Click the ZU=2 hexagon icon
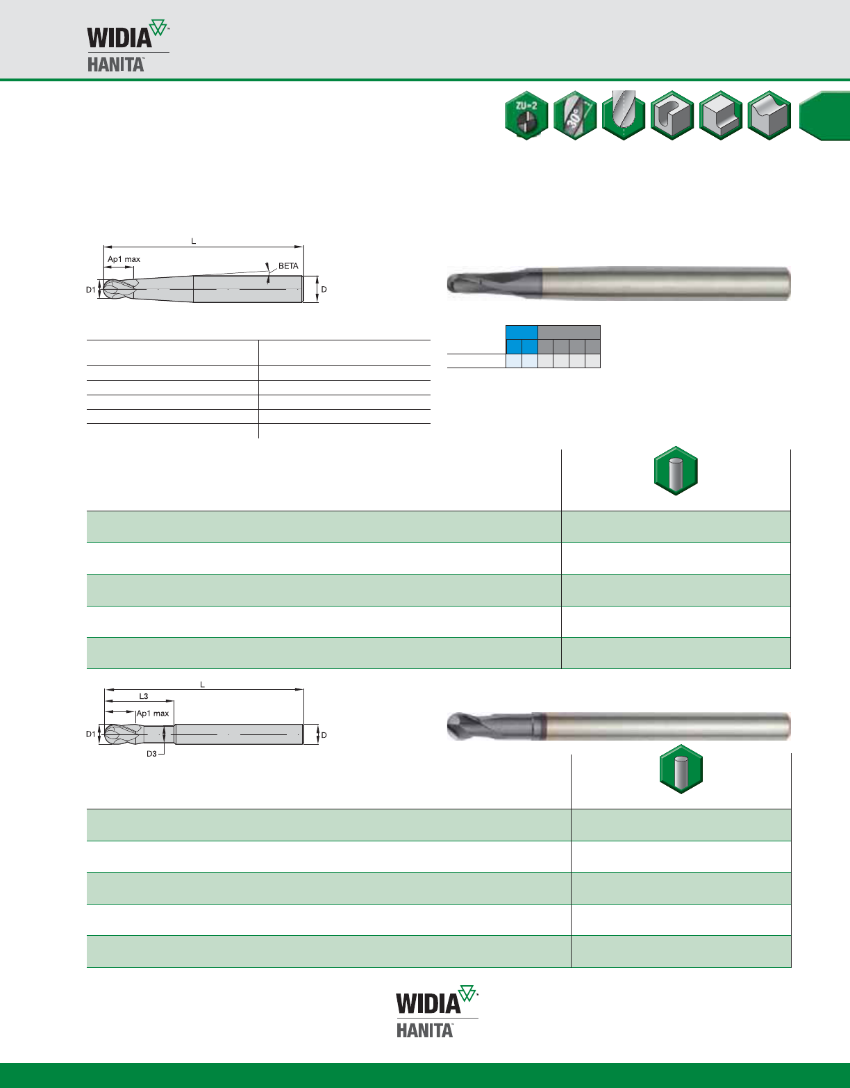pyautogui.click(x=526, y=115)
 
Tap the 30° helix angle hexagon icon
pyautogui.click(x=575, y=115)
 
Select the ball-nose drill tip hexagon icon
pyautogui.click(x=624, y=115)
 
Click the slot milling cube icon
pyautogui.click(x=672, y=115)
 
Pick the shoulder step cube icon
pyautogui.click(x=720, y=115)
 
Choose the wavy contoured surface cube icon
pyautogui.click(x=769, y=115)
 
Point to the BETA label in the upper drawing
pyautogui.click(x=288, y=266)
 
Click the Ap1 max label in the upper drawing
pyautogui.click(x=124, y=259)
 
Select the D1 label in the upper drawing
pyautogui.click(x=90, y=290)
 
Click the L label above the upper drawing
pyautogui.click(x=194, y=241)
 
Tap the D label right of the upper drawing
pyautogui.click(x=324, y=290)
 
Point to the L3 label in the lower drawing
pyautogui.click(x=144, y=696)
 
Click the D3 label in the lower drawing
pyautogui.click(x=151, y=754)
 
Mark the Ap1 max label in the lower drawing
pyautogui.click(x=153, y=713)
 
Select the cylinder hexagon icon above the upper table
pyautogui.click(x=676, y=470)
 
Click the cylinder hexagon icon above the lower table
pyautogui.click(x=681, y=768)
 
